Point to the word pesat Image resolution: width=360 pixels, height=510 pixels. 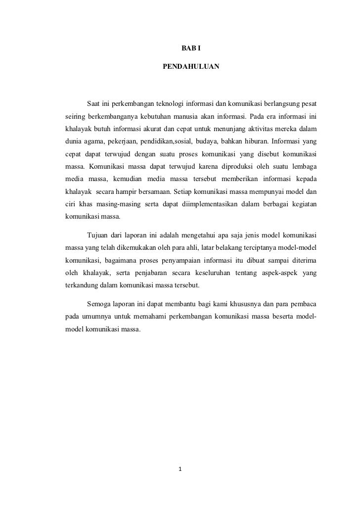(x=308, y=104)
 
